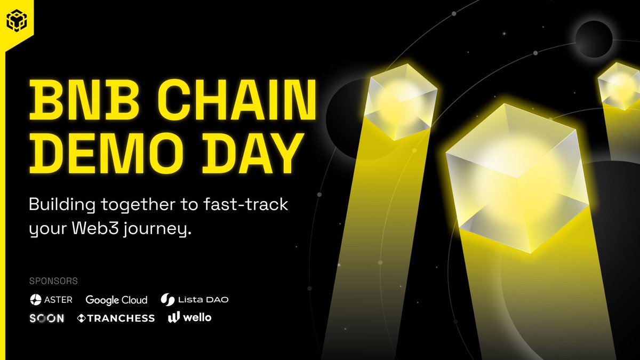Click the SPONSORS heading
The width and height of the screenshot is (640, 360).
pos(54,281)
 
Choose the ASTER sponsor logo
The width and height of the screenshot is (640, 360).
pos(51,300)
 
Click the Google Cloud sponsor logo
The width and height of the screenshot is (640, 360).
pos(116,300)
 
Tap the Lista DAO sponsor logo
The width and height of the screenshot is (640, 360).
pos(195,300)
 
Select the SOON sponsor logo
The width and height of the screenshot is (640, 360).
pos(47,318)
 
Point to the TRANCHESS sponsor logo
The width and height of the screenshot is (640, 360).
pos(116,318)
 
